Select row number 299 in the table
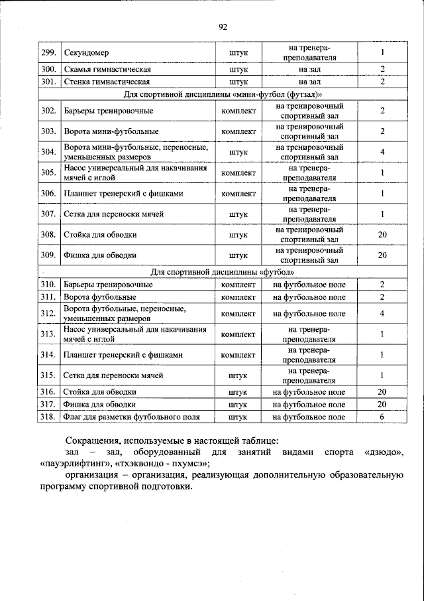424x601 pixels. click(48, 52)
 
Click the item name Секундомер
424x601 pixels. click(86, 52)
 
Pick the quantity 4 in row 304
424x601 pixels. click(382, 152)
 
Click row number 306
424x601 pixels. click(48, 193)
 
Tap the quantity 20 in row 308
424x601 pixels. click(382, 235)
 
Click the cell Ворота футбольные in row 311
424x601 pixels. click(99, 297)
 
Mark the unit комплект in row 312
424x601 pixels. click(238, 313)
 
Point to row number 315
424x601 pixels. click(48, 375)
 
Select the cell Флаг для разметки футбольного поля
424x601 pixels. click(131, 417)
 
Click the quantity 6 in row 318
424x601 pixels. click(382, 417)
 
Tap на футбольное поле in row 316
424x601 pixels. click(309, 392)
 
